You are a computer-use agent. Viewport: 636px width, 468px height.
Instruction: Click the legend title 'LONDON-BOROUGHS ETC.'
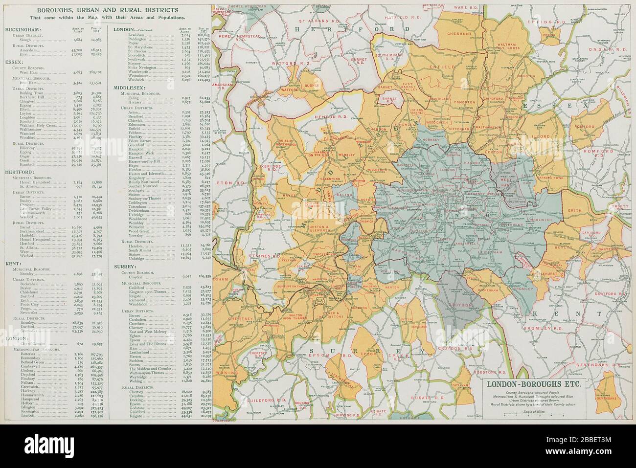[x=533, y=383]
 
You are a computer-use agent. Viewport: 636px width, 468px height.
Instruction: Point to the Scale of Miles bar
[x=533, y=415]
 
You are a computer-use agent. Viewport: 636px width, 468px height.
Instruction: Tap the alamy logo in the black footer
[x=46, y=446]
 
